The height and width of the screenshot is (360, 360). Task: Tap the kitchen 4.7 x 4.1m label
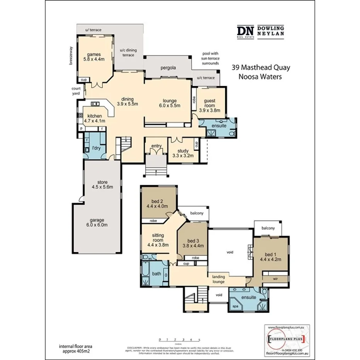[95, 118]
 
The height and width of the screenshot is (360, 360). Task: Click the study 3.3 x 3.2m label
[183, 153]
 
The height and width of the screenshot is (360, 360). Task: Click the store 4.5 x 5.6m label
[102, 184]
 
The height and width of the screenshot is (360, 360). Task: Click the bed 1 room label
[270, 256]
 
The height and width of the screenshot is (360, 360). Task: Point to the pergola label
[168, 68]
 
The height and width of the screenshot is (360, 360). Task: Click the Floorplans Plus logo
[286, 339]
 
